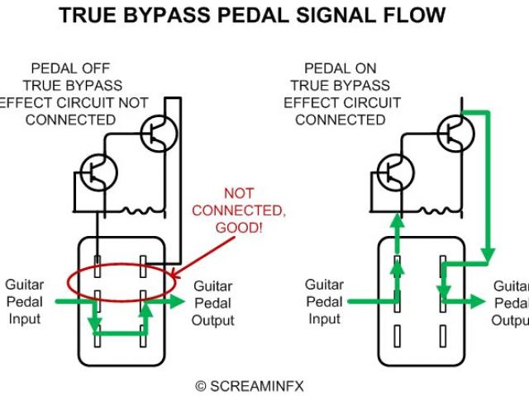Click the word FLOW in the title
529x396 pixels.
(415, 15)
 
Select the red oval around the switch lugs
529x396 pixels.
(121, 281)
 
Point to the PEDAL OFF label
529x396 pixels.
(70, 68)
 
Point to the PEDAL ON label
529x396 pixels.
(341, 68)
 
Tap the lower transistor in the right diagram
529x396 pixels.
(395, 173)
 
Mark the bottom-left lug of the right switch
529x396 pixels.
(398, 335)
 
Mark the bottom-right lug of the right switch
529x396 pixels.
(445, 335)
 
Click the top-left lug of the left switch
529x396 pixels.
(97, 267)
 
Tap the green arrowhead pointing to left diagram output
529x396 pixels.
(179, 303)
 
